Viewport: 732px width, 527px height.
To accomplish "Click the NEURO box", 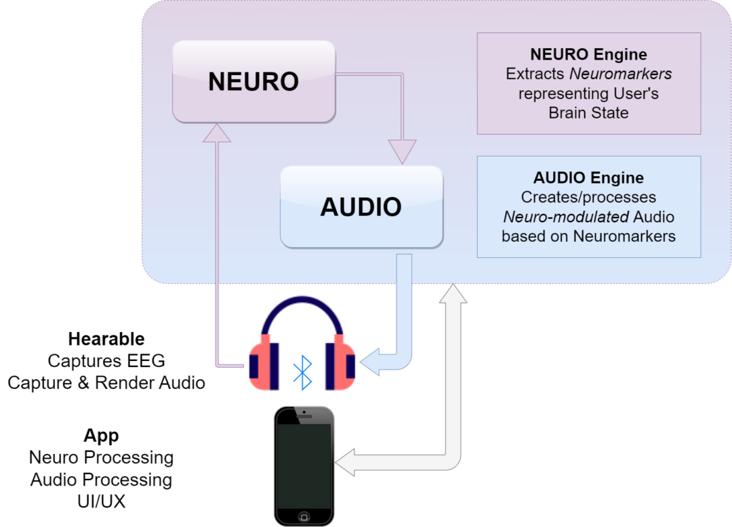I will pyautogui.click(x=253, y=81).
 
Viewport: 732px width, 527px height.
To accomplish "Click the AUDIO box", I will pyautogui.click(x=361, y=206).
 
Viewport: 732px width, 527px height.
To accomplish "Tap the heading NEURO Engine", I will pyautogui.click(x=588, y=54).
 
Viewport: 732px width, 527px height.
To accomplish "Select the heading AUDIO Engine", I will pyautogui.click(x=588, y=178).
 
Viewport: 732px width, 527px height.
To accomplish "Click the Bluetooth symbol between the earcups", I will pyautogui.click(x=302, y=372).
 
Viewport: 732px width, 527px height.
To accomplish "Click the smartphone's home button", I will pyautogui.click(x=304, y=516).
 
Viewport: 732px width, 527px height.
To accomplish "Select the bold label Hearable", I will pyautogui.click(x=106, y=339).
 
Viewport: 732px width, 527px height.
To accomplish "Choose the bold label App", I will pyautogui.click(x=101, y=435).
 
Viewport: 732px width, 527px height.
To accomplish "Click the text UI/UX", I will pyautogui.click(x=101, y=501).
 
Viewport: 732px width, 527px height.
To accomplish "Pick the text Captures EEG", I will pyautogui.click(x=106, y=360).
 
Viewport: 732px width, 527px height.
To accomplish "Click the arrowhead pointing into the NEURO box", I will pyautogui.click(x=217, y=133).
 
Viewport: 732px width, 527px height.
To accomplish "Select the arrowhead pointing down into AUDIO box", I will pyautogui.click(x=402, y=150).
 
